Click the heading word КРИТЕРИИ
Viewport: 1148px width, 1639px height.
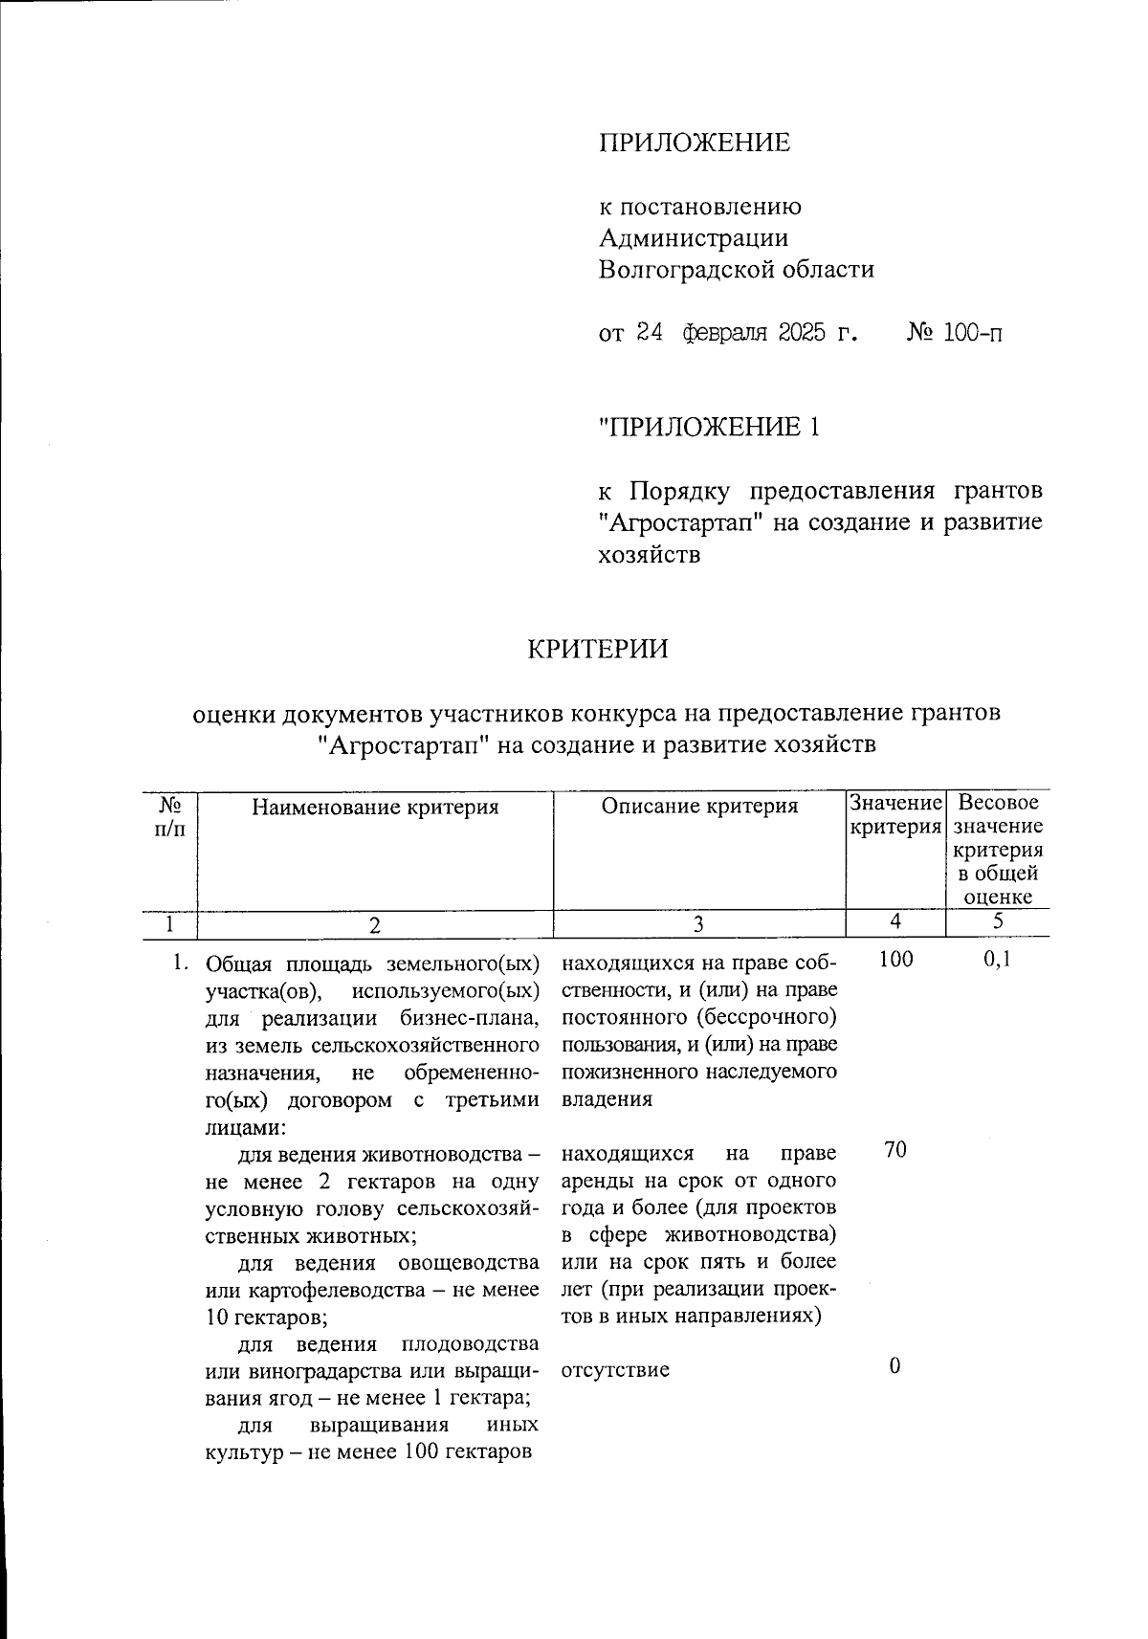pos(598,650)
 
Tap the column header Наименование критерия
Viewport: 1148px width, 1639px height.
pos(375,807)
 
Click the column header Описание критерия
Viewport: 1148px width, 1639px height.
pos(699,807)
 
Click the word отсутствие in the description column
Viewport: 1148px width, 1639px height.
pos(615,1369)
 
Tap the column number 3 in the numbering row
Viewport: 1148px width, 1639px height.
pos(699,924)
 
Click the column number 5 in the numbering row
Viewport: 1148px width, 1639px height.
pos(997,922)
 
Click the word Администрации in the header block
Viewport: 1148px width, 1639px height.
pos(694,238)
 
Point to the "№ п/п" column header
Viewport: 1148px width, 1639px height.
pos(170,818)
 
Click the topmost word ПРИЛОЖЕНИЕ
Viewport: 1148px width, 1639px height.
pos(695,144)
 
